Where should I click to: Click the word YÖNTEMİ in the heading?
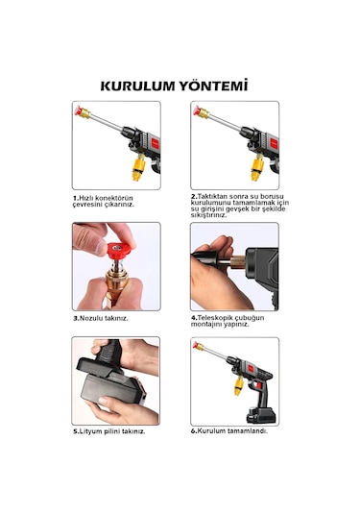[212, 85]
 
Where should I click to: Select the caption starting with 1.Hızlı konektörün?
[105, 201]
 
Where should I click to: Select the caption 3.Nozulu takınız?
[100, 318]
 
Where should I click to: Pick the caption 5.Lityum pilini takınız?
[109, 431]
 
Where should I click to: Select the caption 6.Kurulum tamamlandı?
[228, 431]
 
